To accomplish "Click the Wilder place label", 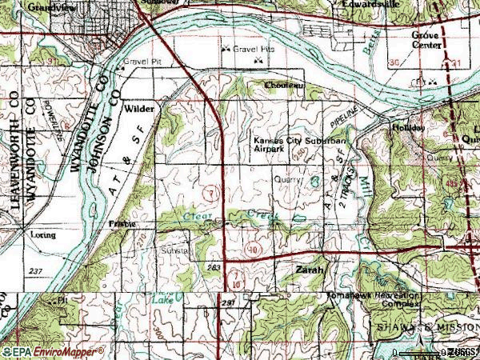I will pos(138,106).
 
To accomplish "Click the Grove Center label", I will pos(427,41).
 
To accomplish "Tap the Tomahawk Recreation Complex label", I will pos(374,298).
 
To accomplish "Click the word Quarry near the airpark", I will pos(289,180).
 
